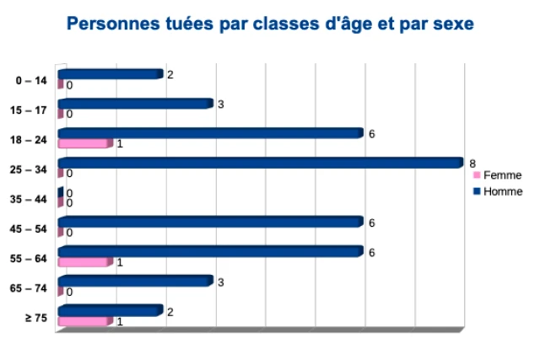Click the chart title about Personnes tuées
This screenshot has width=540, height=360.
270,24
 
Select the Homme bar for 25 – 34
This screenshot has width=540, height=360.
260,163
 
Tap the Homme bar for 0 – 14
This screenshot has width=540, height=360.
109,74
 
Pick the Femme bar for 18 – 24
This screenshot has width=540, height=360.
84,143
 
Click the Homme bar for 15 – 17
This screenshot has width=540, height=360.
134,104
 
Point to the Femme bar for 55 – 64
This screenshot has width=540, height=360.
84,262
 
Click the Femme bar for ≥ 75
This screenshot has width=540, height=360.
84,321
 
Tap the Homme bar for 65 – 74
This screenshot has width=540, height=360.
134,282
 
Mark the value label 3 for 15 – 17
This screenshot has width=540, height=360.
220,104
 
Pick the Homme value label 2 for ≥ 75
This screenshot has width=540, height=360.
170,312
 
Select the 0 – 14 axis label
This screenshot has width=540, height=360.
31,80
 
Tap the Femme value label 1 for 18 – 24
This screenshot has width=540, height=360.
120,144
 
